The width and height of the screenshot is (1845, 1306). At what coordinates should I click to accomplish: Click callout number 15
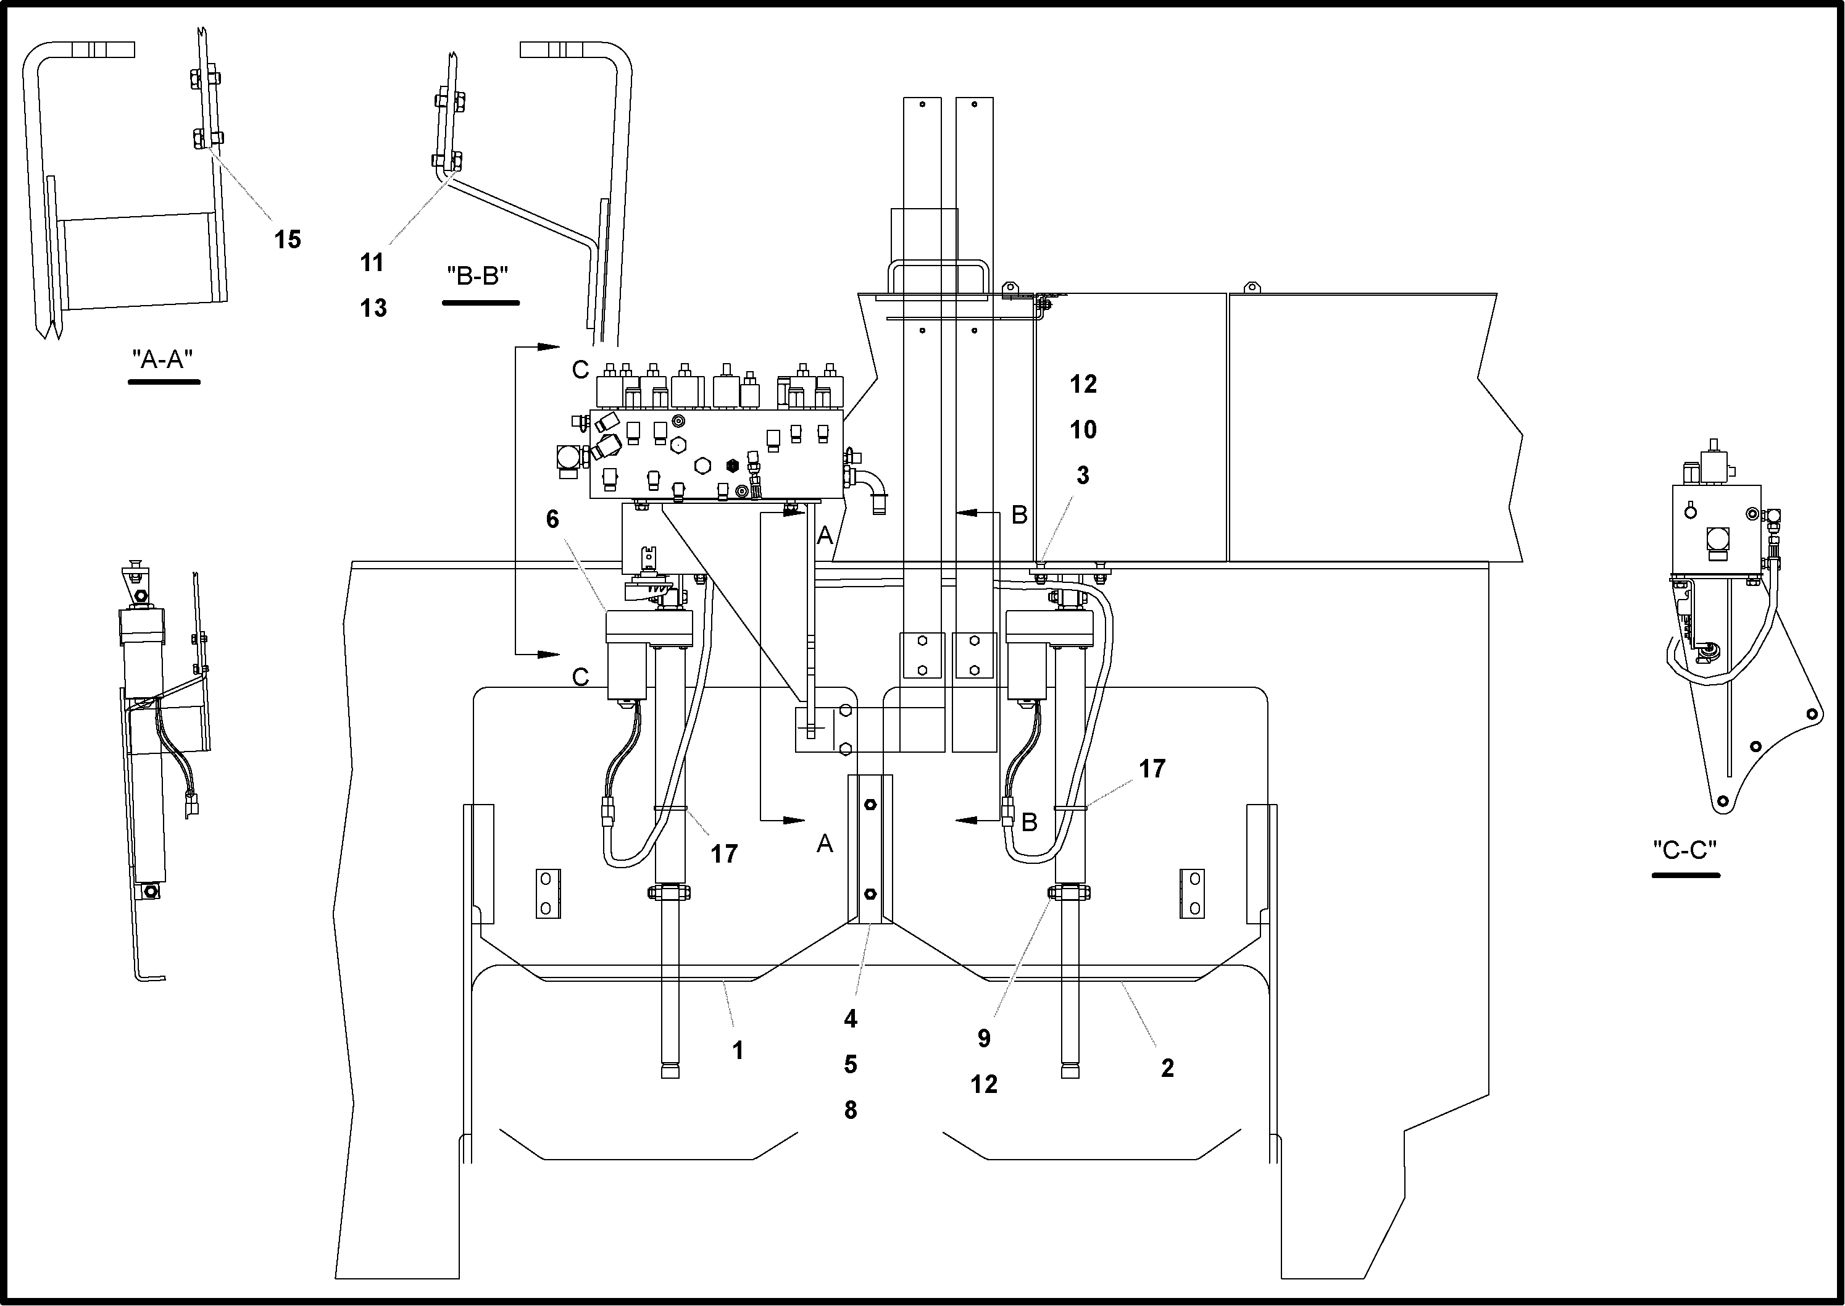point(287,240)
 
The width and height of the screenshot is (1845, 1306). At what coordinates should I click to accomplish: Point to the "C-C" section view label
point(1685,850)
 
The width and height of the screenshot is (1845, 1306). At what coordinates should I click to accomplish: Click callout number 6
point(552,519)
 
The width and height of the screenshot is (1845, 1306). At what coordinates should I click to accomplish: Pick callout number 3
point(1082,475)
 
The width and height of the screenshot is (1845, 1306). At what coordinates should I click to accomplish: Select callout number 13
point(373,308)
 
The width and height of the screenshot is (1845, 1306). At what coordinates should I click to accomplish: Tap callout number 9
point(984,1038)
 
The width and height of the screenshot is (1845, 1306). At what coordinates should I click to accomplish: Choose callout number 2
point(1167,1068)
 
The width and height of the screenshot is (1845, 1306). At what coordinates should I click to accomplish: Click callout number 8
point(851,1110)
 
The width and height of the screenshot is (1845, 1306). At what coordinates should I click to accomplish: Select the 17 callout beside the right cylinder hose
point(1152,769)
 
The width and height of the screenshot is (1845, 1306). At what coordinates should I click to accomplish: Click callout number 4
point(851,1019)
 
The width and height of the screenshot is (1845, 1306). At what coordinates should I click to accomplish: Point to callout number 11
point(372,262)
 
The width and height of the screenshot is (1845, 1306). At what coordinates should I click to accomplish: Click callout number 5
point(851,1065)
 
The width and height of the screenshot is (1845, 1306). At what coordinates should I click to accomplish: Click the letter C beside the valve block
point(580,370)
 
